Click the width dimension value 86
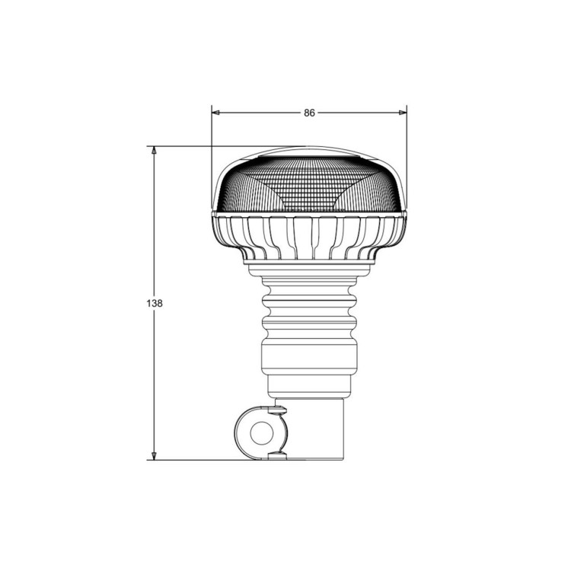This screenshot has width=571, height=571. click(309, 113)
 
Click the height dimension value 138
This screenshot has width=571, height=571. click(155, 303)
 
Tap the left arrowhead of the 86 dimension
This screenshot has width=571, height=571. click(215, 113)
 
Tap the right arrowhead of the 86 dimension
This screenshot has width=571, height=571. click(403, 113)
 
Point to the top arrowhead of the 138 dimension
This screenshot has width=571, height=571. click(154, 151)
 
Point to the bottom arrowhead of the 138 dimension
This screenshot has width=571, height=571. click(154, 456)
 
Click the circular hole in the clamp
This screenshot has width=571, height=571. click(261, 433)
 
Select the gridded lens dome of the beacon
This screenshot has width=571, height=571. click(309, 184)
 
